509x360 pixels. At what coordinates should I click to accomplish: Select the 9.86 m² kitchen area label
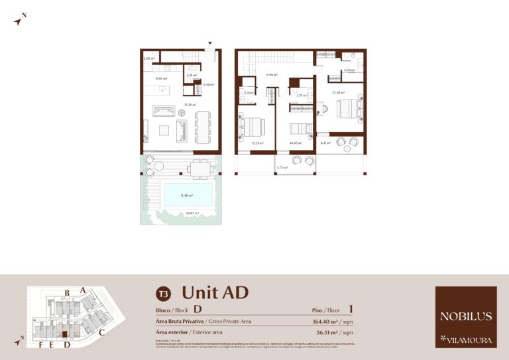point(160,79)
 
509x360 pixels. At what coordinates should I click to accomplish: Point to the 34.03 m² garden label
point(193,213)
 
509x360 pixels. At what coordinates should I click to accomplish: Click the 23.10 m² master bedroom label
point(338,92)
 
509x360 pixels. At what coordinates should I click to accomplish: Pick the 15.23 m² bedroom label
point(257,143)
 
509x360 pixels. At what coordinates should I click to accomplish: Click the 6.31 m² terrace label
point(325,143)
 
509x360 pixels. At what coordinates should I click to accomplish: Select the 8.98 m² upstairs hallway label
point(271,75)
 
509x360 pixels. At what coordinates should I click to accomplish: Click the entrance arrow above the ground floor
point(210,44)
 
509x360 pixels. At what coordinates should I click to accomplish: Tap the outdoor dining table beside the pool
point(199,168)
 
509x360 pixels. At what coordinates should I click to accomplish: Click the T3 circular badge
point(163,293)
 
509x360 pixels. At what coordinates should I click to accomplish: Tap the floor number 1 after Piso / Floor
point(351,309)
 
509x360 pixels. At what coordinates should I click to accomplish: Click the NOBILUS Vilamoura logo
point(466,317)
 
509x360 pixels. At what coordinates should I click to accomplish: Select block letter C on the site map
point(101,332)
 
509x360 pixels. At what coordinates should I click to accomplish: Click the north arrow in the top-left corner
point(19,19)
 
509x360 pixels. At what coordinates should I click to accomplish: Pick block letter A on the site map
point(82,290)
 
